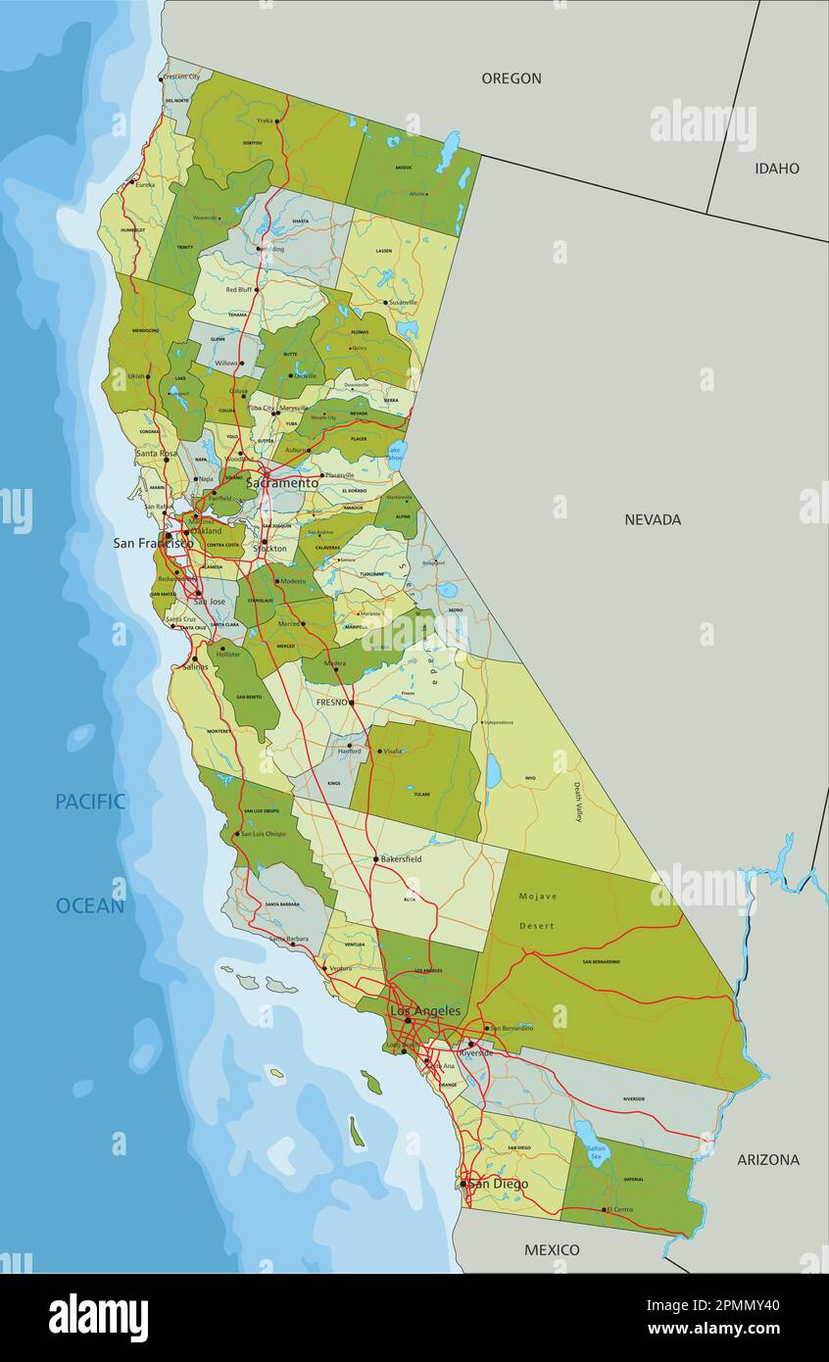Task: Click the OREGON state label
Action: click(511, 78)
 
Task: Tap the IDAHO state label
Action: click(776, 169)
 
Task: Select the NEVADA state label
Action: click(653, 519)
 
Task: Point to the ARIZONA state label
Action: click(767, 1159)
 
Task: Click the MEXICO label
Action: click(552, 1249)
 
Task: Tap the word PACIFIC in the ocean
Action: click(90, 802)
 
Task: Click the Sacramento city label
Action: click(282, 483)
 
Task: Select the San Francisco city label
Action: click(151, 543)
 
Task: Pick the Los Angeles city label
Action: click(425, 1010)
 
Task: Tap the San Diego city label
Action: click(498, 1184)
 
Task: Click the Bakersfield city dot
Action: click(375, 859)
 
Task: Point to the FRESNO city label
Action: click(332, 703)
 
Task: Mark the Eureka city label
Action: click(145, 184)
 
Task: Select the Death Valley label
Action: click(577, 802)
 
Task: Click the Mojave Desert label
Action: click(538, 910)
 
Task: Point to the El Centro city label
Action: click(620, 1209)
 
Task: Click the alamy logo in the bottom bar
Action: click(98, 1317)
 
